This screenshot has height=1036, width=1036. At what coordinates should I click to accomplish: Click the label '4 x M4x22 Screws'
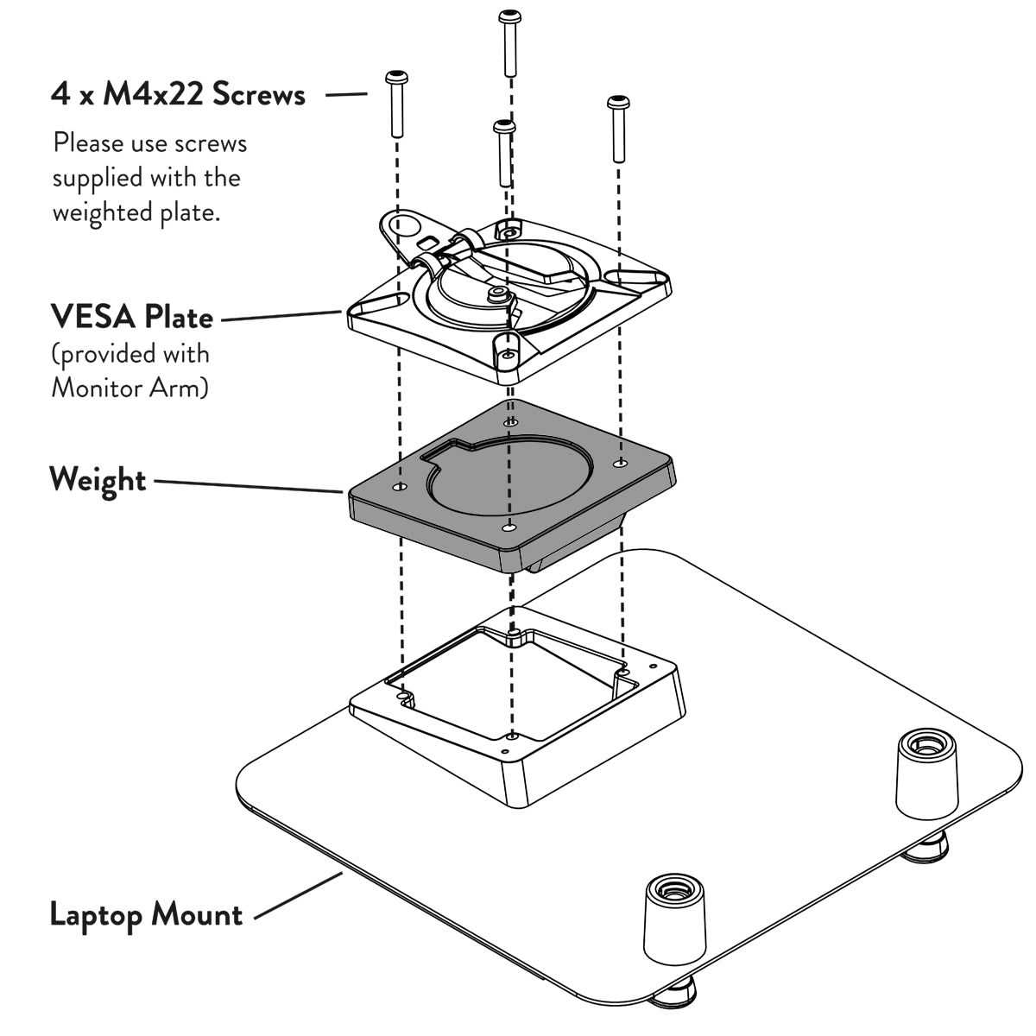click(x=178, y=93)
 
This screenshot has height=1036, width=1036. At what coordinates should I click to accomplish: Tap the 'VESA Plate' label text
click(x=131, y=317)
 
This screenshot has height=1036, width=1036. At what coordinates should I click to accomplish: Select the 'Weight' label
click(x=98, y=479)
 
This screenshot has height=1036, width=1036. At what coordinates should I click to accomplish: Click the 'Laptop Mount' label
click(x=146, y=913)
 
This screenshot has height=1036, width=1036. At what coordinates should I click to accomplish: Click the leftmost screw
click(x=396, y=104)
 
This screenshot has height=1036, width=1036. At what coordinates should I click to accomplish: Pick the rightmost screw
click(x=618, y=129)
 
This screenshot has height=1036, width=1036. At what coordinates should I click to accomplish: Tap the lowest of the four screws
click(x=505, y=153)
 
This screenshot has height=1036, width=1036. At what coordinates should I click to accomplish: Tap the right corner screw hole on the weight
click(x=619, y=464)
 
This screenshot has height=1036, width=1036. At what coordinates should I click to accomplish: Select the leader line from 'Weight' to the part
click(x=249, y=486)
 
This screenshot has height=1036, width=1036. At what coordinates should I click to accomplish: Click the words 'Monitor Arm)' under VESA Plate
click(x=129, y=387)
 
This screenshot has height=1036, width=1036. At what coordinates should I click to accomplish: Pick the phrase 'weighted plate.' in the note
click(x=136, y=212)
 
